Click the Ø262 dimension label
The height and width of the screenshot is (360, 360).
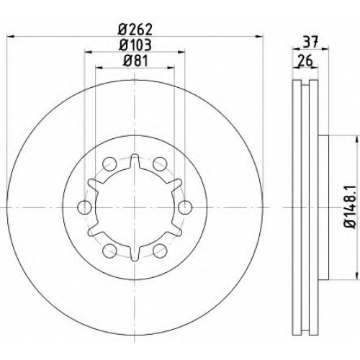(135, 30)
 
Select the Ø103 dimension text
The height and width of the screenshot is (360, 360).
(135, 45)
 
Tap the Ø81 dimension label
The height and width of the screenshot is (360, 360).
(135, 60)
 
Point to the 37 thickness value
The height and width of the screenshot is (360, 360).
(310, 42)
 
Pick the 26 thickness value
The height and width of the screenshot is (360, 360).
(305, 60)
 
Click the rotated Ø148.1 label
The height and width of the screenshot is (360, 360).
(350, 207)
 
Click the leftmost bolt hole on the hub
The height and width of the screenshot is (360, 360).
(85, 207)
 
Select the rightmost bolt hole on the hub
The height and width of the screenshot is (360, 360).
(185, 207)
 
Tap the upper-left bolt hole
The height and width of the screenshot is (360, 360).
(109, 164)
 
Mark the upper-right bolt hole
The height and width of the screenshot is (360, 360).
(160, 164)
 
